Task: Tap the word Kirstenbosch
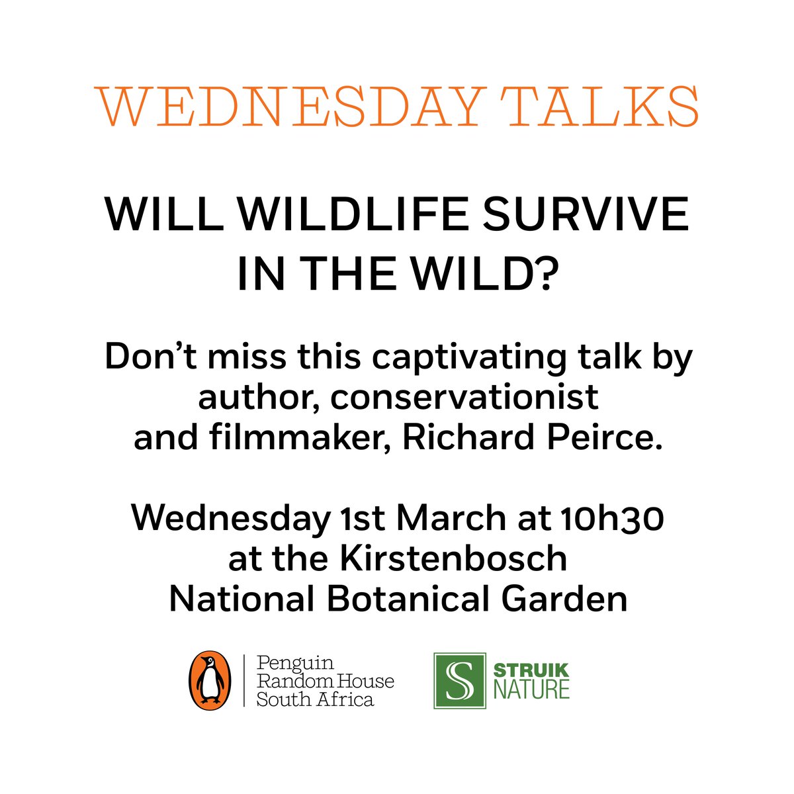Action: pos(453,559)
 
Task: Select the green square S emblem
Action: pos(460,681)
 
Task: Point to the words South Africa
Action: pos(315,699)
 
